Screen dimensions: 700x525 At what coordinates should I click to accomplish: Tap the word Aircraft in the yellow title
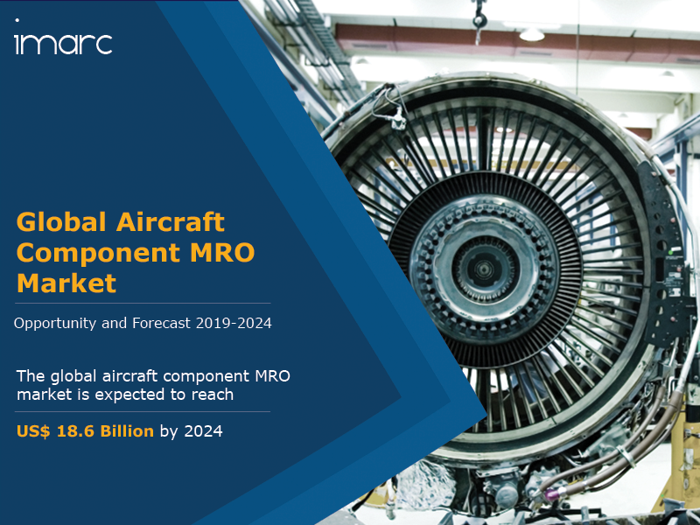170,222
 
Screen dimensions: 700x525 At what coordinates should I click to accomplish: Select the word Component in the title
98,254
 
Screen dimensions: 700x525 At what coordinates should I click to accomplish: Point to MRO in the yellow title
222,252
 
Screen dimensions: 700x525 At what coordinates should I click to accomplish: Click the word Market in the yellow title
66,283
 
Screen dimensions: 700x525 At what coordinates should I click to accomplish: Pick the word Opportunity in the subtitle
55,323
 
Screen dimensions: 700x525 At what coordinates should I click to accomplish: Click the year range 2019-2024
234,323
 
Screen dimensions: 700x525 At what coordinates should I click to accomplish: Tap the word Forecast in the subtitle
162,323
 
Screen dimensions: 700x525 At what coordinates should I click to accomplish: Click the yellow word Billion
127,431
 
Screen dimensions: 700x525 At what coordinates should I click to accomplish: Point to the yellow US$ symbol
33,431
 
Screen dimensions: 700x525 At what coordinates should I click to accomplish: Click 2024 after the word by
203,431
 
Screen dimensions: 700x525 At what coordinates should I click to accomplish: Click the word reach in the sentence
213,395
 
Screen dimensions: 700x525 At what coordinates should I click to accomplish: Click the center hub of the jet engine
484,269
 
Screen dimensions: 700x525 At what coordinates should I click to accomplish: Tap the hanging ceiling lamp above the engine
532,34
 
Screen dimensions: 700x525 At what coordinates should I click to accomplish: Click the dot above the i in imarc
17,20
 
